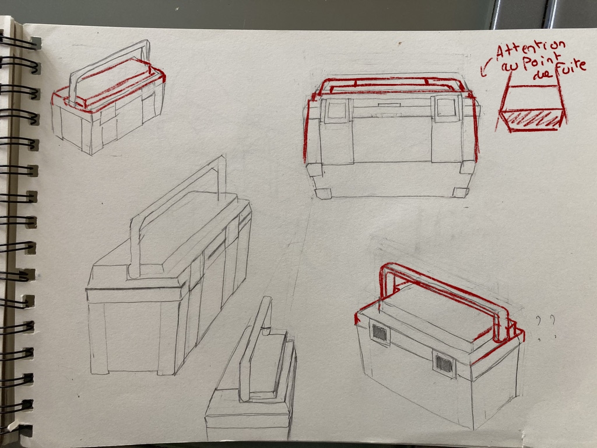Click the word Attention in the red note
(531, 50)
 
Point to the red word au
(508, 67)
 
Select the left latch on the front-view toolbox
(336, 110)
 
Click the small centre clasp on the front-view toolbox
(389, 104)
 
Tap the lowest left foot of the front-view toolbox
(323, 194)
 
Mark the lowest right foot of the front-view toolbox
(461, 192)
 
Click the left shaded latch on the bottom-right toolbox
(379, 333)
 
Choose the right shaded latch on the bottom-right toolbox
(444, 364)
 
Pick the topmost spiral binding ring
(20, 43)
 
